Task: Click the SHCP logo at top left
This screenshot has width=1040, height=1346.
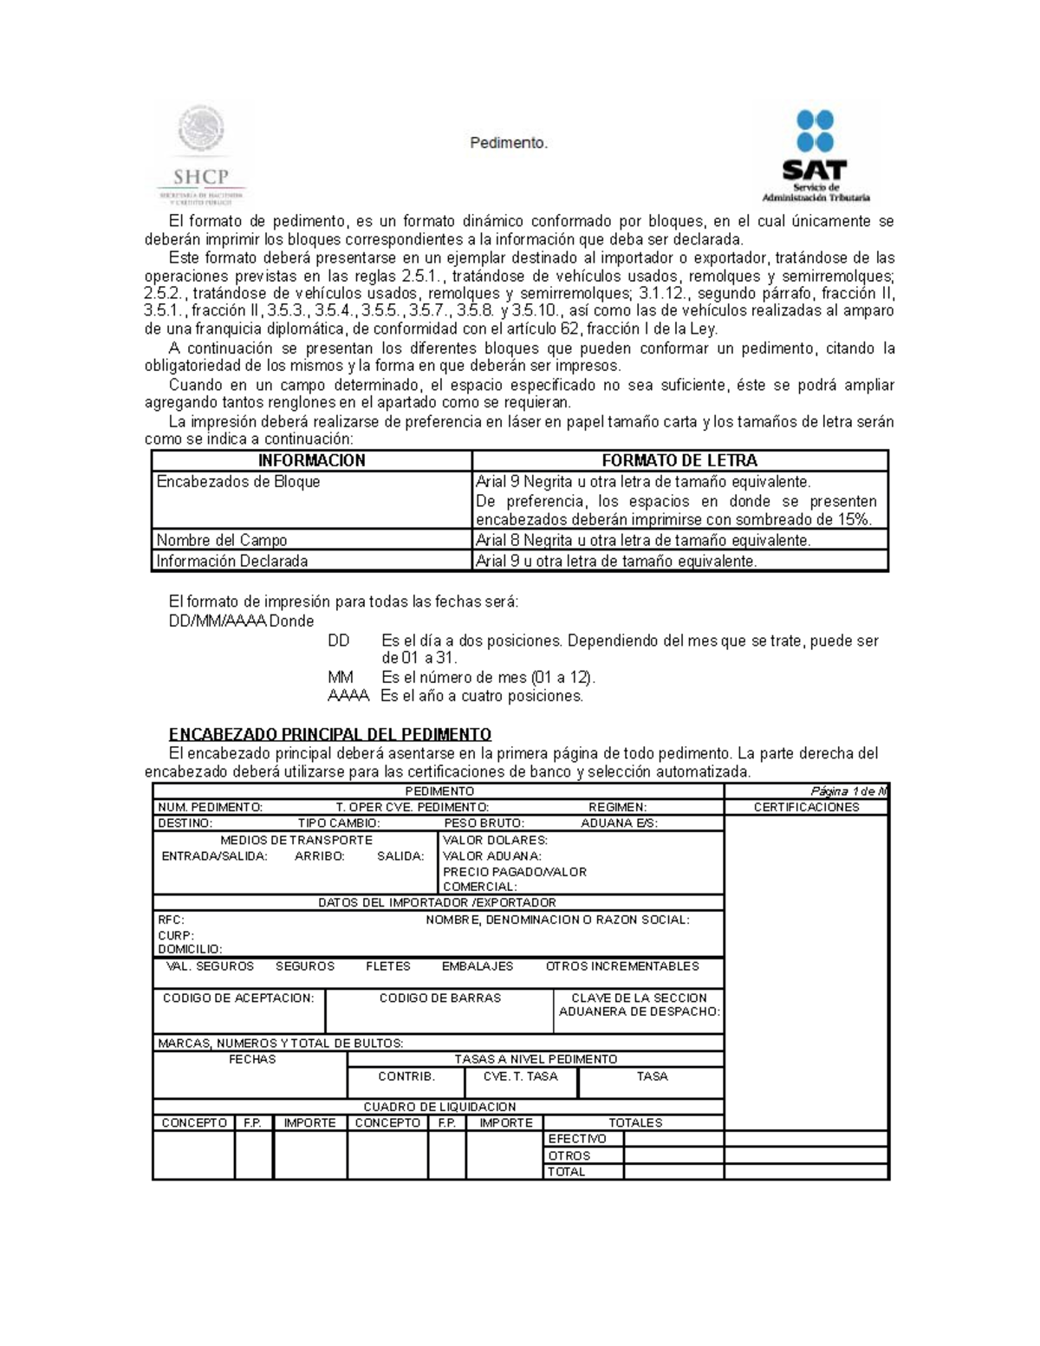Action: coord(201,153)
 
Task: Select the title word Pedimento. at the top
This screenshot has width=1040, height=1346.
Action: coord(509,143)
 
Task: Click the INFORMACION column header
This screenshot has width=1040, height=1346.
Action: coord(311,460)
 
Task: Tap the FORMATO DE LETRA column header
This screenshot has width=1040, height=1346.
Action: coord(679,460)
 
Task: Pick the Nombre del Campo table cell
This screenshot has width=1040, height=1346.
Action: coord(221,540)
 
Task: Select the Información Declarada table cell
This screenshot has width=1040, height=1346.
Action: coord(231,561)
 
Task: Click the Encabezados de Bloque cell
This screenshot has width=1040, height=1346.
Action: coord(238,482)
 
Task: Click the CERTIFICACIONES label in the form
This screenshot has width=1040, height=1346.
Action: coord(806,807)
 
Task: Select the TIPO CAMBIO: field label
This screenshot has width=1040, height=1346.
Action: coord(338,823)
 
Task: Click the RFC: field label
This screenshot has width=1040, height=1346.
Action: coord(171,920)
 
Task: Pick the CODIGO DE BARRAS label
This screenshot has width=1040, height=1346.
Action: coord(439,998)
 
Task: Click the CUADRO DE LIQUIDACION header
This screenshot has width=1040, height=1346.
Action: coord(439,1107)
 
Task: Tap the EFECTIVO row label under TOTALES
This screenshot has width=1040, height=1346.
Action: coord(577,1139)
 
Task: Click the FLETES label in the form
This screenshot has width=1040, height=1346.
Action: coord(387,966)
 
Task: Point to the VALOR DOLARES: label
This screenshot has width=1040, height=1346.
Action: coord(495,840)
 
